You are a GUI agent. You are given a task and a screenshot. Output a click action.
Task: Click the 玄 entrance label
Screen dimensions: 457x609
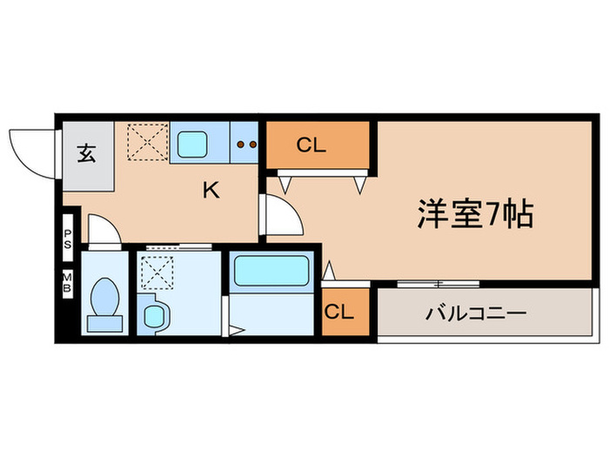coord(86,155)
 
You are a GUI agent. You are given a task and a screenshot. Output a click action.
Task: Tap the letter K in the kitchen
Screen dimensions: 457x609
coord(211,189)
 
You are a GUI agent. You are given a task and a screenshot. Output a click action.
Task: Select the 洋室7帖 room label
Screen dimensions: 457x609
coord(475,213)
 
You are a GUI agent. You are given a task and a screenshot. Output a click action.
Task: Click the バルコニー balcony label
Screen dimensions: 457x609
coord(475,313)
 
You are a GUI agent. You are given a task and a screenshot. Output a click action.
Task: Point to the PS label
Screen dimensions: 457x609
coord(67,239)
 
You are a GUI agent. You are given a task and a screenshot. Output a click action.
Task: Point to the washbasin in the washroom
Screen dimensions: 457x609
coord(155,313)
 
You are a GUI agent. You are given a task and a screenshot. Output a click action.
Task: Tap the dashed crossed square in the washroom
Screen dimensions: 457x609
coord(157,272)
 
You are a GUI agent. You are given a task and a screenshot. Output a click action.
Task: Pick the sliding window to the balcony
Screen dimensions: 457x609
coord(438,284)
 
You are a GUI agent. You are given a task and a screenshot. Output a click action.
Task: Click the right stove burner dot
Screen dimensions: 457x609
coord(252,144)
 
